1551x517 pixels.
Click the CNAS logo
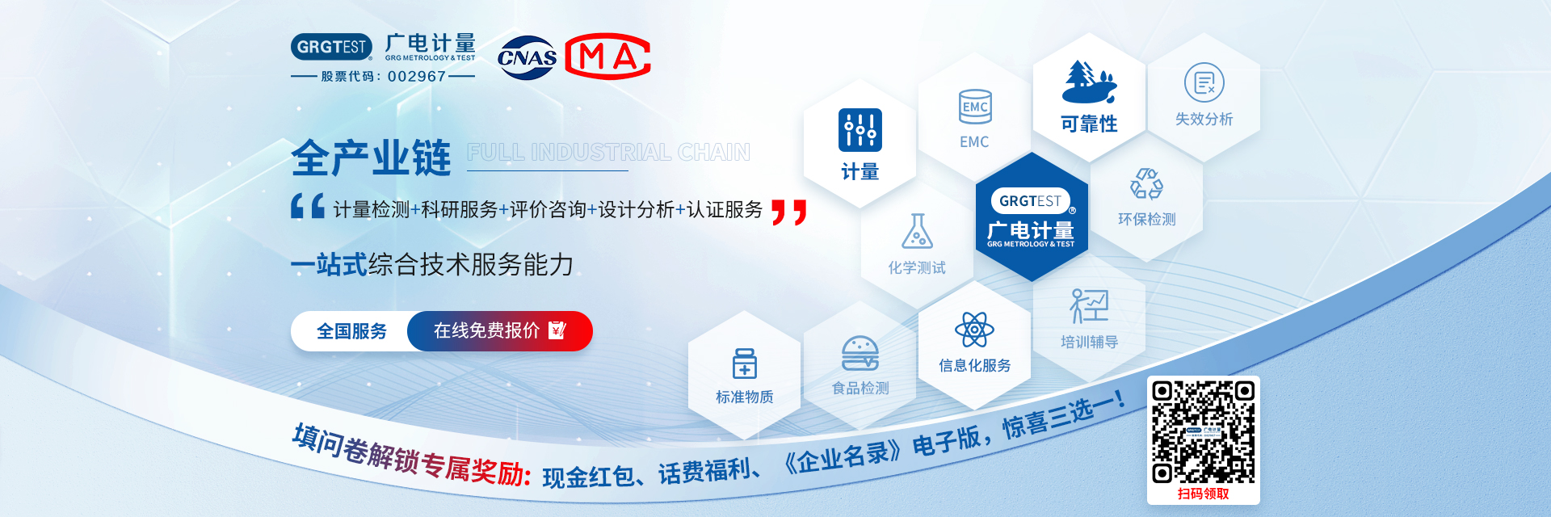tap(527, 57)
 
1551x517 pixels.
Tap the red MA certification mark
tap(607, 57)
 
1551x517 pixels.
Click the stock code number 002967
tap(417, 77)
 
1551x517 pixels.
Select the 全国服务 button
tap(351, 331)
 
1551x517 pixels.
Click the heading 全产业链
tap(371, 157)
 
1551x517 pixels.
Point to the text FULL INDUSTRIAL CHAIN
tap(608, 152)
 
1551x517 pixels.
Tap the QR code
tap(1203, 432)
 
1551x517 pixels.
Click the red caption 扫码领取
tap(1203, 494)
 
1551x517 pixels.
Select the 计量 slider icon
tap(860, 130)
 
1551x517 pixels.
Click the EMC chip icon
tap(975, 107)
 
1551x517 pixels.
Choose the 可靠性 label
tap(1089, 124)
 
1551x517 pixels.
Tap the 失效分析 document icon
tap(1204, 82)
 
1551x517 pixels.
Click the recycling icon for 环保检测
tap(1146, 183)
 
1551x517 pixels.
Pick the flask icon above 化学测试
tap(917, 231)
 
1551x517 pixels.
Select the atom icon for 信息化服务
tap(974, 330)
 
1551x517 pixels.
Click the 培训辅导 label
tap(1089, 342)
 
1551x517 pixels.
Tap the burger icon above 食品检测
tap(860, 354)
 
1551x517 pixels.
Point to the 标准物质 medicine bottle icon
tap(744, 364)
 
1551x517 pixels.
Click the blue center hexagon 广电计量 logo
tap(1032, 217)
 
